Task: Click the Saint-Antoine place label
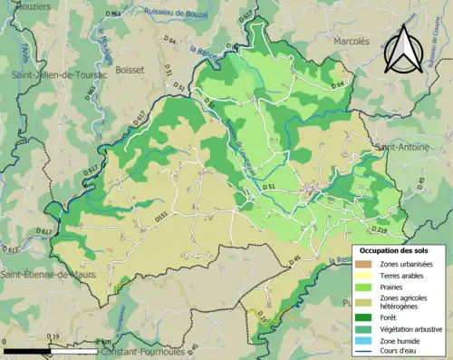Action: coord(406,145)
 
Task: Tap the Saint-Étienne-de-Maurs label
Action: coord(47,274)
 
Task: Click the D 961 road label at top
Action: coord(112,15)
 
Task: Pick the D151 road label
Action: coord(160,218)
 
